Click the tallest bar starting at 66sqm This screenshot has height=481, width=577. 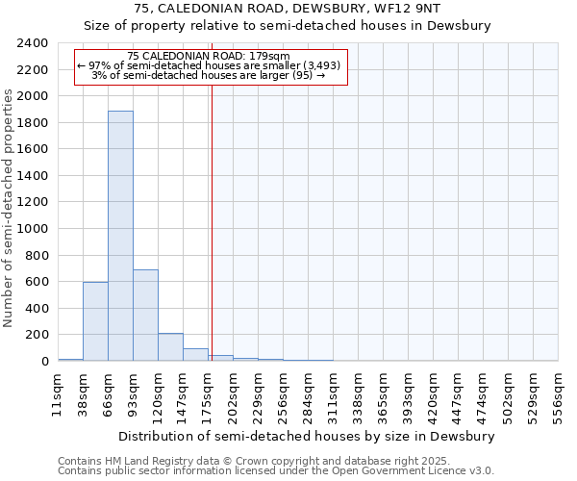pyautogui.click(x=120, y=236)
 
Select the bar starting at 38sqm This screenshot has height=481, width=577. pyautogui.click(x=95, y=321)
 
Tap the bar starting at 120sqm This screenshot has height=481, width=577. pyautogui.click(x=170, y=347)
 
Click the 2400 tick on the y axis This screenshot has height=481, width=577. pyautogui.click(x=33, y=44)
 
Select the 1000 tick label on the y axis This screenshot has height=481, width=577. pyautogui.click(x=33, y=229)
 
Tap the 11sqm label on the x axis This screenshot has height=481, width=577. pyautogui.click(x=58, y=392)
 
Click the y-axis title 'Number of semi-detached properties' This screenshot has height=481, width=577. pyautogui.click(x=9, y=208)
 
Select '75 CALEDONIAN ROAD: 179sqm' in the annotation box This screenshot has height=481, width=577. pyautogui.click(x=209, y=57)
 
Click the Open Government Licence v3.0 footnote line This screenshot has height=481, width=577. pyautogui.click(x=275, y=471)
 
